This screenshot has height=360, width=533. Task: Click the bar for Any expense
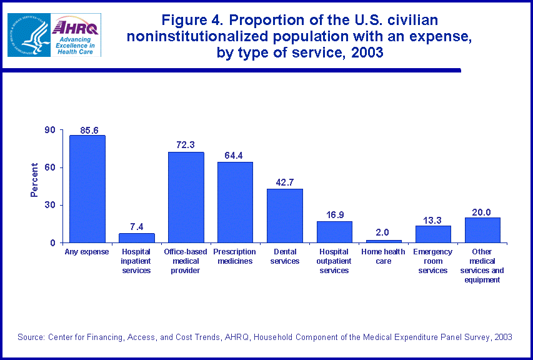87,189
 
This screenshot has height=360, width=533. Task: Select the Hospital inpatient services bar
136,238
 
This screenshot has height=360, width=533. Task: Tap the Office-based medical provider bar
186,197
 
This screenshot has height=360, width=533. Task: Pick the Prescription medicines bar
235,202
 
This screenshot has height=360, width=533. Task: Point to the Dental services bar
284,216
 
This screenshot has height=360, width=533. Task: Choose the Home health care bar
384,241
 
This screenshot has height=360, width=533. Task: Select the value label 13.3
433,220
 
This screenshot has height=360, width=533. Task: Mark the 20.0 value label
482,212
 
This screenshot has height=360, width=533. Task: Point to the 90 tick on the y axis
50,130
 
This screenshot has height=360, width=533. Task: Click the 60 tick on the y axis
50,167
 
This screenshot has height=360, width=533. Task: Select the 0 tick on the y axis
53,242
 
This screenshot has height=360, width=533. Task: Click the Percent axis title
35,180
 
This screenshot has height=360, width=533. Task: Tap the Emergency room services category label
433,261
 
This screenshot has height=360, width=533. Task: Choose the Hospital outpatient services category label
334,261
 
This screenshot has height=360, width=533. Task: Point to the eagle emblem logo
27,35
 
